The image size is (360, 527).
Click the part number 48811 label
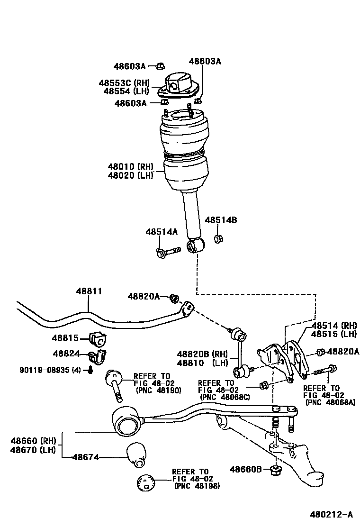(x=89, y=291)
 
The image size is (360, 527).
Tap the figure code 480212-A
(x=332, y=514)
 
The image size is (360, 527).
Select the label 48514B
(x=220, y=220)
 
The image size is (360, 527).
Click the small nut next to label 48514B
(x=218, y=239)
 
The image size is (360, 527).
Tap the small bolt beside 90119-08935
(x=90, y=370)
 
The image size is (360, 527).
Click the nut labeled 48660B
(x=275, y=470)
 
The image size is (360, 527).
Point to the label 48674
(x=86, y=457)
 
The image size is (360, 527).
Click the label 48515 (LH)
(x=333, y=334)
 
